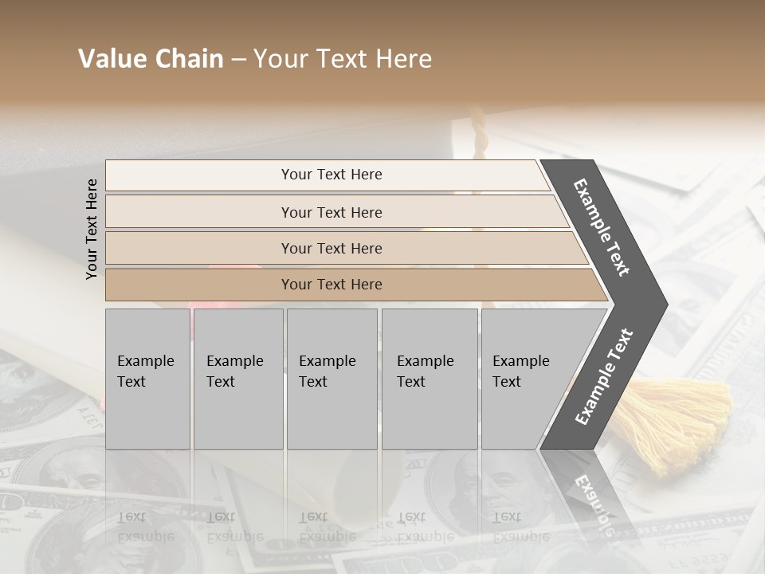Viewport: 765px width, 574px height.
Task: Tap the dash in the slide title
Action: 238,60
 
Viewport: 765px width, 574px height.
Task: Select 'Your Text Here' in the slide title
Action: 343,59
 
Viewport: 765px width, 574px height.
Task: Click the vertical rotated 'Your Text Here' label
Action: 92,229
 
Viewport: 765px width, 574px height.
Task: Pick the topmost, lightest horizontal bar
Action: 331,175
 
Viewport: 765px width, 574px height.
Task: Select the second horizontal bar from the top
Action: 331,212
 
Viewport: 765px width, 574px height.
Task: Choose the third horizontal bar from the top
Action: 331,248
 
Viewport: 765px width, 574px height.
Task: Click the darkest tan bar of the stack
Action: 331,285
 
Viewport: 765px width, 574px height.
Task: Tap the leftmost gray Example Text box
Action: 147,379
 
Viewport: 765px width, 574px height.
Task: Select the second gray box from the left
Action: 237,379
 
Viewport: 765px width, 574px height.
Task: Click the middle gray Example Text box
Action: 331,379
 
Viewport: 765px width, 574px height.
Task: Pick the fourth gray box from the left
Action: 429,379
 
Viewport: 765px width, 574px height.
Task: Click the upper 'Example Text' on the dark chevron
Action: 602,227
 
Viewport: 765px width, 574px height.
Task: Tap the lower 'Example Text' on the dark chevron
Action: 604,376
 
